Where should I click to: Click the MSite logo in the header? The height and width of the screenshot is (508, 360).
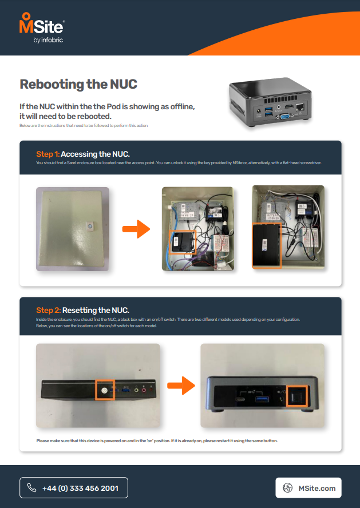(x=42, y=27)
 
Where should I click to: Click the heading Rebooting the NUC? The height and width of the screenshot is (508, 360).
(x=78, y=84)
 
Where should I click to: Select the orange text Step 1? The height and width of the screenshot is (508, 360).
(x=48, y=154)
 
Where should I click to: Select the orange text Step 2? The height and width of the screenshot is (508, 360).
(x=48, y=310)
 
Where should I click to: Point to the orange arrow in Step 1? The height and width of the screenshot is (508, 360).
(x=136, y=230)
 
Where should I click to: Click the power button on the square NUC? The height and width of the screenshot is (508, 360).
(x=296, y=397)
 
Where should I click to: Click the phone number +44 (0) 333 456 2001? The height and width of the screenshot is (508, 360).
(x=80, y=488)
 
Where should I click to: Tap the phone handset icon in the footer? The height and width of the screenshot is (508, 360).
(x=32, y=488)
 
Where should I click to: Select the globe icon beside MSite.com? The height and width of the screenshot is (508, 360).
(x=288, y=488)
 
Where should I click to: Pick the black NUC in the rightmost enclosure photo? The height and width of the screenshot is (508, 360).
(x=267, y=245)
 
